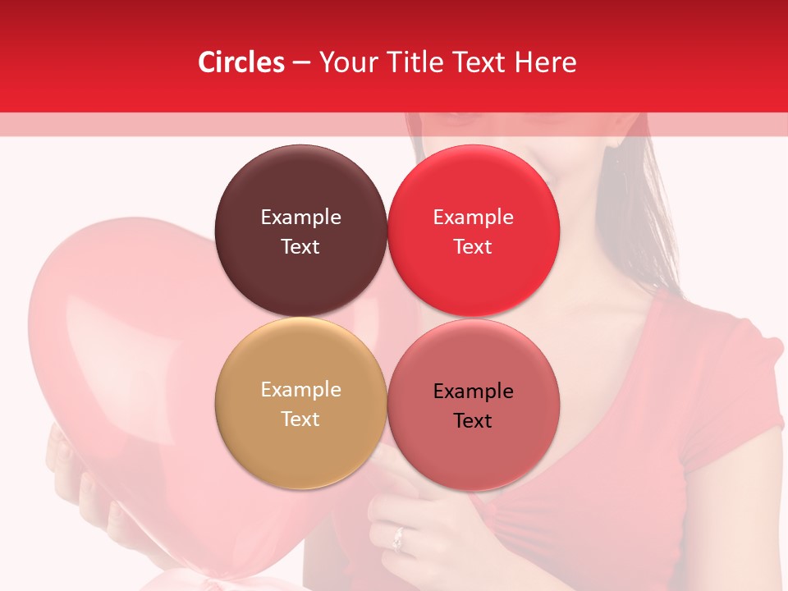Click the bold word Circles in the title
(241, 62)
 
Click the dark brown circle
(300, 231)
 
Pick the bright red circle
(473, 231)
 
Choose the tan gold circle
(300, 403)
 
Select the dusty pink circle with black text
(473, 405)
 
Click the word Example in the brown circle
(300, 218)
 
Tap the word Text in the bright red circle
(473, 246)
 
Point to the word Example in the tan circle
(300, 390)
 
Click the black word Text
(473, 420)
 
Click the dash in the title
(301, 62)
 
